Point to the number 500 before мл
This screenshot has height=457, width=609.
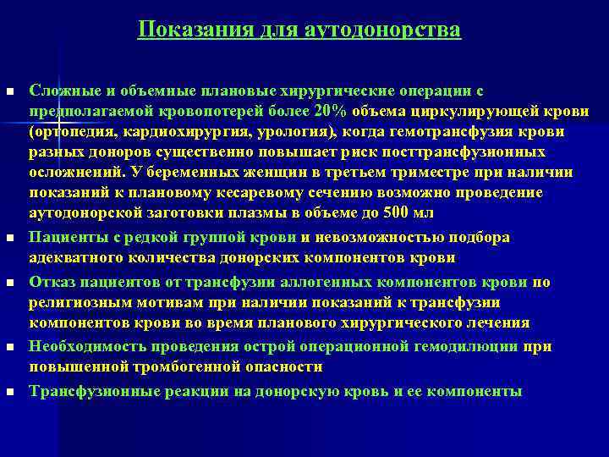pos(393,212)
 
